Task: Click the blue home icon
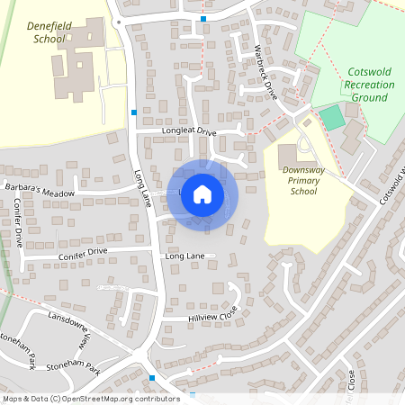tap(202, 193)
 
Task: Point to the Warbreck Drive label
tap(265, 71)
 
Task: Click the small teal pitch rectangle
tap(332, 117)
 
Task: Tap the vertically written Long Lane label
tap(141, 184)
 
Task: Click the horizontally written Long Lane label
tap(184, 256)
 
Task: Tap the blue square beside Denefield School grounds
tap(134, 112)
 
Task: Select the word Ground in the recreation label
tap(370, 97)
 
